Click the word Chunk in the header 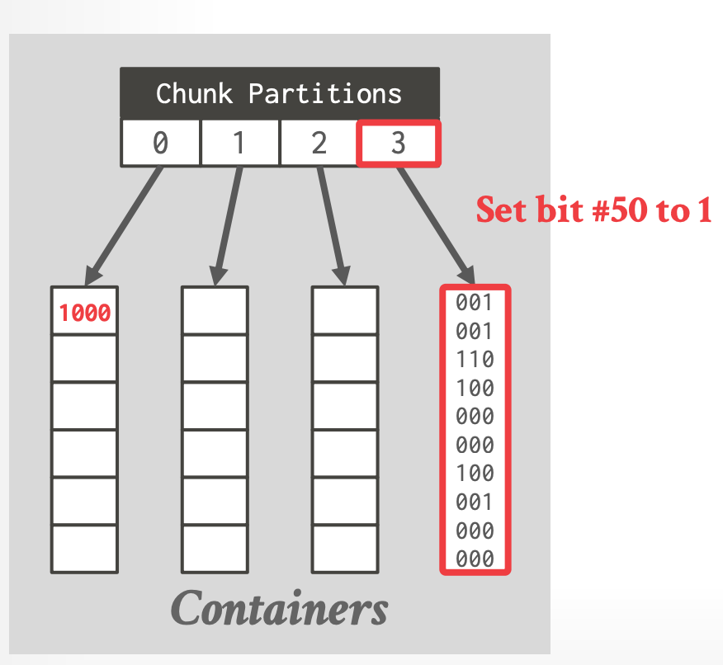pyautogui.click(x=196, y=93)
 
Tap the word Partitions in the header pyautogui.click(x=325, y=93)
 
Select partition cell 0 pyautogui.click(x=160, y=143)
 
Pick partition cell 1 pyautogui.click(x=239, y=143)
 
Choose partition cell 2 pyautogui.click(x=319, y=143)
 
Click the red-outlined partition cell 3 pyautogui.click(x=399, y=143)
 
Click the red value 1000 pyautogui.click(x=84, y=313)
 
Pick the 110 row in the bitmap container pyautogui.click(x=475, y=360)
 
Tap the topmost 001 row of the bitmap pyautogui.click(x=475, y=303)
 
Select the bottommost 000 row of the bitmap pyautogui.click(x=475, y=559)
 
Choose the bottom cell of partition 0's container pyautogui.click(x=84, y=548)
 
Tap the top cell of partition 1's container pyautogui.click(x=215, y=310)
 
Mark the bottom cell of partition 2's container pyautogui.click(x=345, y=548)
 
